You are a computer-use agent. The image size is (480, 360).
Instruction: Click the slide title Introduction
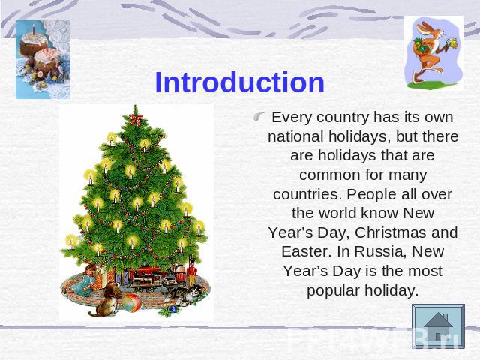239,82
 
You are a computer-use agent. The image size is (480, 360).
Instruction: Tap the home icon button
438,326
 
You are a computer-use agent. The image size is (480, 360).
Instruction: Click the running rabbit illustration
433,52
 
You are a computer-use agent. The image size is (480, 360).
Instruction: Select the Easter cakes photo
43,59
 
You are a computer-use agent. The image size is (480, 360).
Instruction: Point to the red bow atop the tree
136,119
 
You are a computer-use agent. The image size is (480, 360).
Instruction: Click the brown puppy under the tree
106,300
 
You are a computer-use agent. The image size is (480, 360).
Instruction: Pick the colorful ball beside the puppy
132,302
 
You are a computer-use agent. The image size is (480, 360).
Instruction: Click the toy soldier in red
191,271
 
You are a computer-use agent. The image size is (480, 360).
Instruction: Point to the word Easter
307,252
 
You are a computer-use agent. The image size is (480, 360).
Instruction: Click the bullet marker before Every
259,116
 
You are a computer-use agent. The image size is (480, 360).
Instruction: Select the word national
295,136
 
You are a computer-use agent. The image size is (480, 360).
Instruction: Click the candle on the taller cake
34,29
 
